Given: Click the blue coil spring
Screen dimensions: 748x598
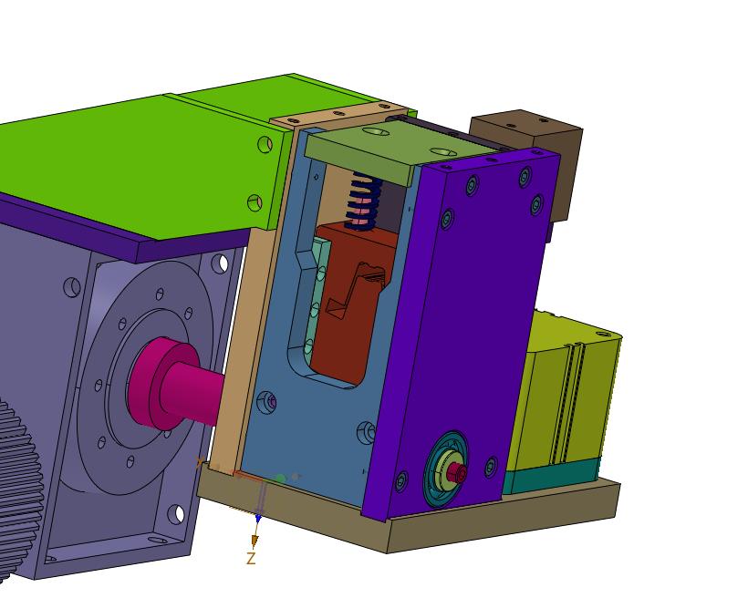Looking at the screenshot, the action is click(365, 201).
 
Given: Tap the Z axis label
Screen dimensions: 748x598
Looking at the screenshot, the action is click(251, 559).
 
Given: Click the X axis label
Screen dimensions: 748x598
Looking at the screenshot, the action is click(200, 462).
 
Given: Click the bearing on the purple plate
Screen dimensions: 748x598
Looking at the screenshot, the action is click(446, 469).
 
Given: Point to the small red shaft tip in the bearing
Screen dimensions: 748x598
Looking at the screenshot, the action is click(458, 473).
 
